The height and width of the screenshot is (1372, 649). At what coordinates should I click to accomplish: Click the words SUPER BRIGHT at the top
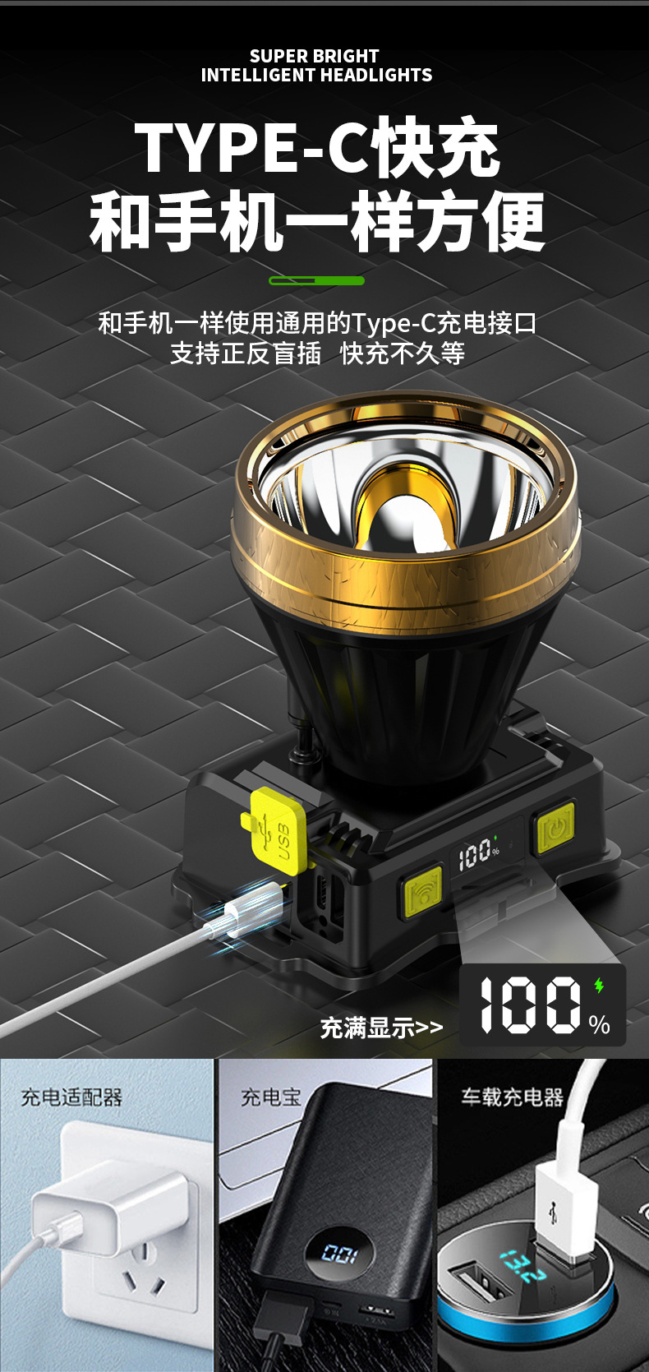pyautogui.click(x=314, y=57)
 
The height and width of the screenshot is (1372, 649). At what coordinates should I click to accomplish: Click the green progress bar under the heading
pyautogui.click(x=316, y=280)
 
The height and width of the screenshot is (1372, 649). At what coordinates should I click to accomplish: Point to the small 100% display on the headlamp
pyautogui.click(x=479, y=853)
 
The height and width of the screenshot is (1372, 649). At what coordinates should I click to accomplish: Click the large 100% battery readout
pyautogui.click(x=543, y=1005)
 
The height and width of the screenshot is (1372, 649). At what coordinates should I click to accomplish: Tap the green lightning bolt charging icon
pyautogui.click(x=599, y=986)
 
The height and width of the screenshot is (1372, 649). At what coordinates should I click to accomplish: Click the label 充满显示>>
pyautogui.click(x=381, y=1028)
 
